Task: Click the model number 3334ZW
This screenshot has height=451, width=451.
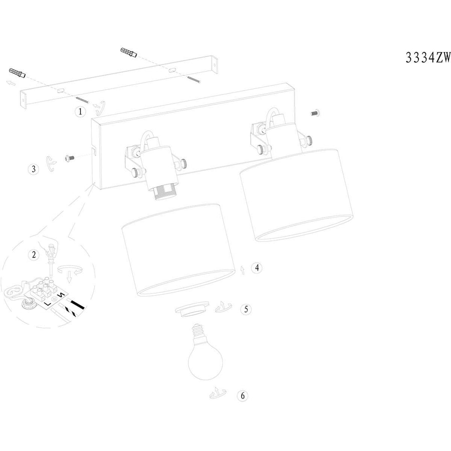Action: (x=428, y=58)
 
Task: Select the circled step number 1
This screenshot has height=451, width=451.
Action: (x=80, y=111)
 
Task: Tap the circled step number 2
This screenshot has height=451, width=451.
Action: (x=34, y=255)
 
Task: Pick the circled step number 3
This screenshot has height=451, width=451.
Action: (x=34, y=169)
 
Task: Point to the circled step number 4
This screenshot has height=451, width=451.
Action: (x=257, y=268)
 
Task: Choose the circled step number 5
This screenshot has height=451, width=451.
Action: (x=246, y=309)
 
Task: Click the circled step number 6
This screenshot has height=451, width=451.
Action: (x=243, y=396)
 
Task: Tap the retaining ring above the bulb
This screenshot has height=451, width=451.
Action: (x=192, y=309)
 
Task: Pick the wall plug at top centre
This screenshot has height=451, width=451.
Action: (x=129, y=52)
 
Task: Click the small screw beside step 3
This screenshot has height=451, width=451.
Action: (x=69, y=158)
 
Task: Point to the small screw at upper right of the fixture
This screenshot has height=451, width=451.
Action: (x=316, y=113)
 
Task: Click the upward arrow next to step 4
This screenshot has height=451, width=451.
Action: (x=243, y=270)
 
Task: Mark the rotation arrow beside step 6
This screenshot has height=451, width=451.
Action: (x=218, y=393)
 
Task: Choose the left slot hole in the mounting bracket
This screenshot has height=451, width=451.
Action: (x=61, y=91)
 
